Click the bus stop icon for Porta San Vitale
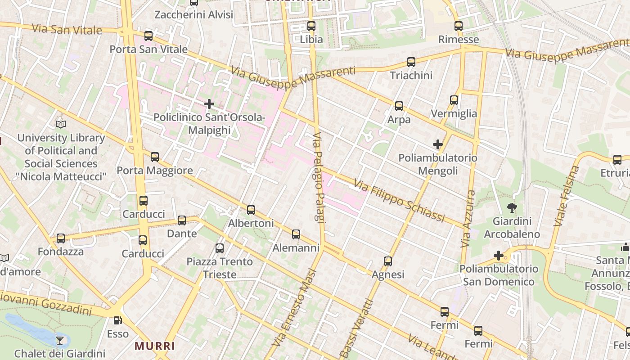[x=148, y=36]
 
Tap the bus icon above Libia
[x=311, y=26]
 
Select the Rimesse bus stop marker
[x=459, y=26]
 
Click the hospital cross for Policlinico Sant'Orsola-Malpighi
[x=209, y=104]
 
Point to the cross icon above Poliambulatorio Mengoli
[x=438, y=144]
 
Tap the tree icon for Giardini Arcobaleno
[x=512, y=208]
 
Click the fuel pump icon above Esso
[x=117, y=320]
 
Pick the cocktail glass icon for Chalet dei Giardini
[x=60, y=340]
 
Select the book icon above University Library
[x=61, y=124]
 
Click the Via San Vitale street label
[x=67, y=30]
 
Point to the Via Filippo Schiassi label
[x=399, y=201]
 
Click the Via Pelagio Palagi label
[x=319, y=177]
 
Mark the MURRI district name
[x=155, y=346]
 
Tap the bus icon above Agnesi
[x=388, y=261]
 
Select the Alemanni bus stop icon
[x=296, y=234]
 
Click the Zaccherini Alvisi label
[x=193, y=15]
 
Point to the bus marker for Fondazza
[x=61, y=238]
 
